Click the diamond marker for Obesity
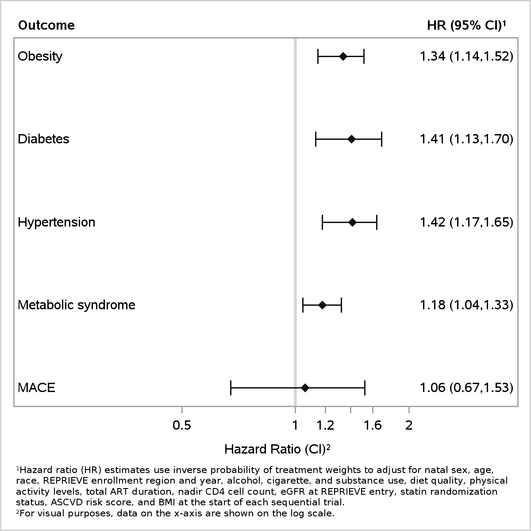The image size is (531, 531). click(343, 57)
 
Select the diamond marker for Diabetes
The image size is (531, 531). click(351, 139)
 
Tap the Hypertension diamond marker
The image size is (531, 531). click(352, 223)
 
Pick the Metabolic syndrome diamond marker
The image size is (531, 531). click(322, 305)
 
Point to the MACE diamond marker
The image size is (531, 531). click(305, 388)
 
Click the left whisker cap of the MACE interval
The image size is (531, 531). click(231, 388)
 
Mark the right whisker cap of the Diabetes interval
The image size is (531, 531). click(381, 139)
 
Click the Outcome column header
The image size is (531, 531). click(46, 25)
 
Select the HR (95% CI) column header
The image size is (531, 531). click(466, 26)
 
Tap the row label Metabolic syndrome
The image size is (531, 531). click(76, 305)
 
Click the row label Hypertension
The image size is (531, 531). click(56, 223)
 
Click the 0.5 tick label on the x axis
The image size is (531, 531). click(182, 425)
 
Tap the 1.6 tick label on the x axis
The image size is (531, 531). click(373, 425)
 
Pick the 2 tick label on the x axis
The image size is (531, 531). click(409, 425)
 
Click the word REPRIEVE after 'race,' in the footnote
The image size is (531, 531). click(65, 481)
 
